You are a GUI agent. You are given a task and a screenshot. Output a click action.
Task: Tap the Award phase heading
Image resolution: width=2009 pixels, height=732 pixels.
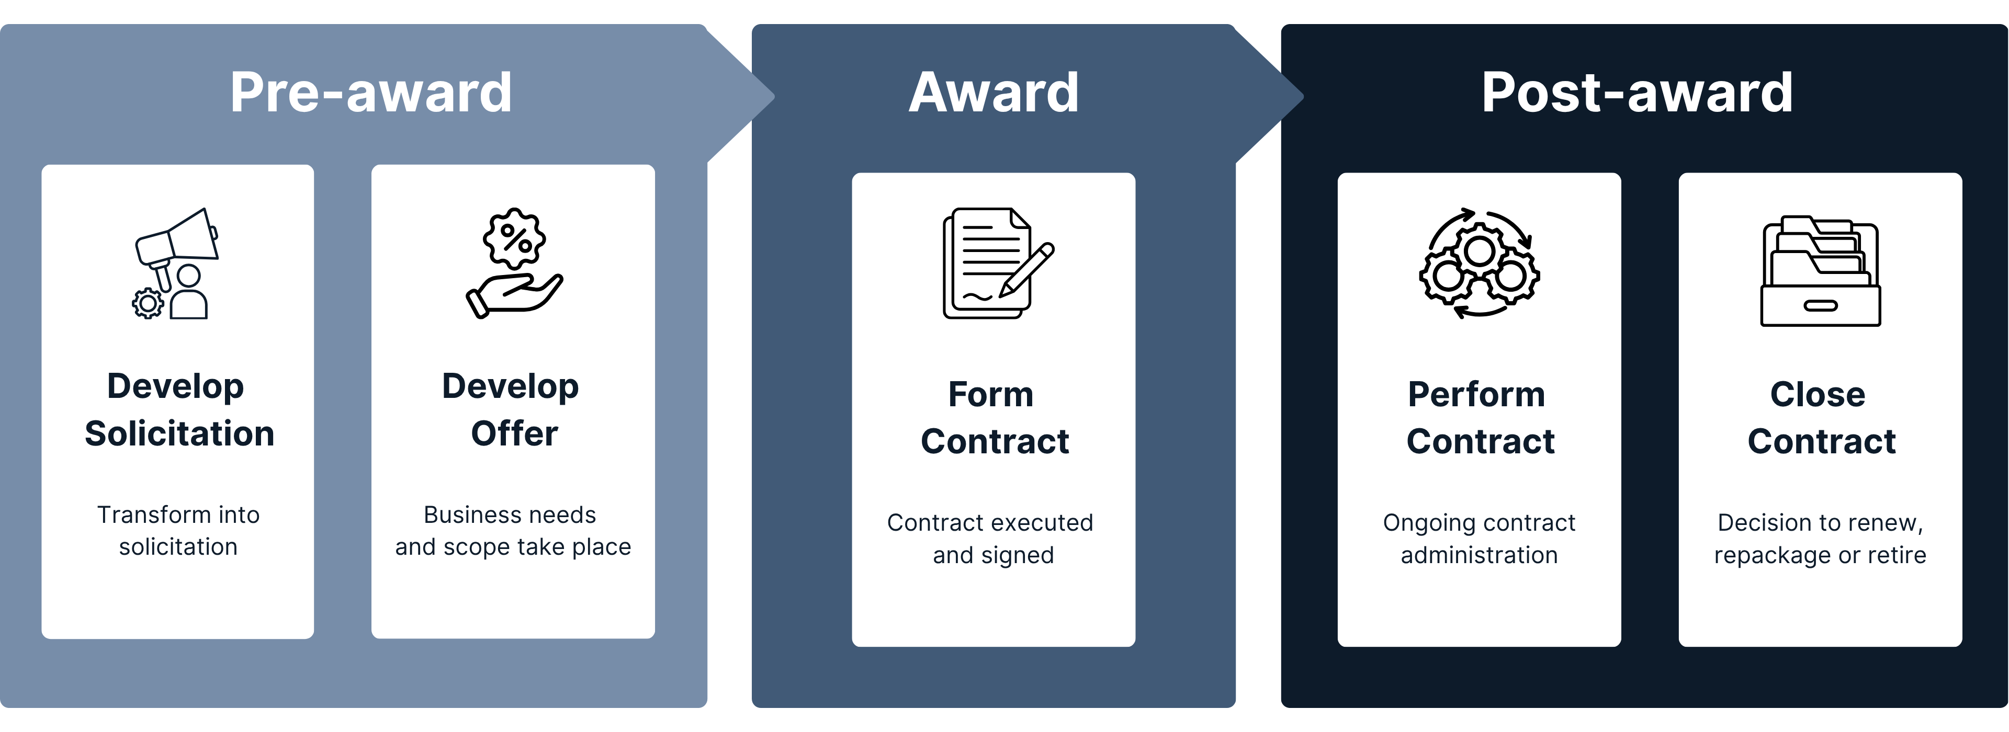(994, 93)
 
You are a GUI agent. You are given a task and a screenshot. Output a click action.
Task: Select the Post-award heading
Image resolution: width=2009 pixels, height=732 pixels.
(1637, 93)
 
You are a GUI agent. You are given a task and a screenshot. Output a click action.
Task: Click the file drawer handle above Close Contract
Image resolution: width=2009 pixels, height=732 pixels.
(1820, 305)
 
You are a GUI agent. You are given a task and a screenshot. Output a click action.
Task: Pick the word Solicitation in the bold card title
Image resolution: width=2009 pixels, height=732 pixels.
(179, 433)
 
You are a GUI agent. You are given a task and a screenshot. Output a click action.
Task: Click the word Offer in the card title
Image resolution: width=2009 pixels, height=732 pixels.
(514, 433)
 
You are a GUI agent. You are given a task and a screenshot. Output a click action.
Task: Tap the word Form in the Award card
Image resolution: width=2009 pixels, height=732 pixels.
(990, 394)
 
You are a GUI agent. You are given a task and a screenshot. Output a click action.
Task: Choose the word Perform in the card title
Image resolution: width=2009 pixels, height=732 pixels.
(1476, 394)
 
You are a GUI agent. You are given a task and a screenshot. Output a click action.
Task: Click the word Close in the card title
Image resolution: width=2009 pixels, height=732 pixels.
(1817, 394)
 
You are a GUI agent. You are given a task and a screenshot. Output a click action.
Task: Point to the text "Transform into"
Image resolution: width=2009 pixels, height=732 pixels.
(178, 514)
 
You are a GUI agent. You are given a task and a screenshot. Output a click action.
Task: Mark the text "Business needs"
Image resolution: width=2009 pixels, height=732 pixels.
(510, 514)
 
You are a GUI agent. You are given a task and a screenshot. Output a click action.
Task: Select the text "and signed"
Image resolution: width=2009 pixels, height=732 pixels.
(993, 555)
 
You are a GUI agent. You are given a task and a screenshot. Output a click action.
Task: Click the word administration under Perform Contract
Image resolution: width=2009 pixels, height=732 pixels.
(1478, 555)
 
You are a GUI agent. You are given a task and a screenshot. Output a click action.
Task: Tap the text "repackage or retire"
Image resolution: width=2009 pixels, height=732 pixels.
(1820, 555)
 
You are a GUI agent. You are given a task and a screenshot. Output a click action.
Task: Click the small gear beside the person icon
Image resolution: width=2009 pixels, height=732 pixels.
(148, 303)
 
